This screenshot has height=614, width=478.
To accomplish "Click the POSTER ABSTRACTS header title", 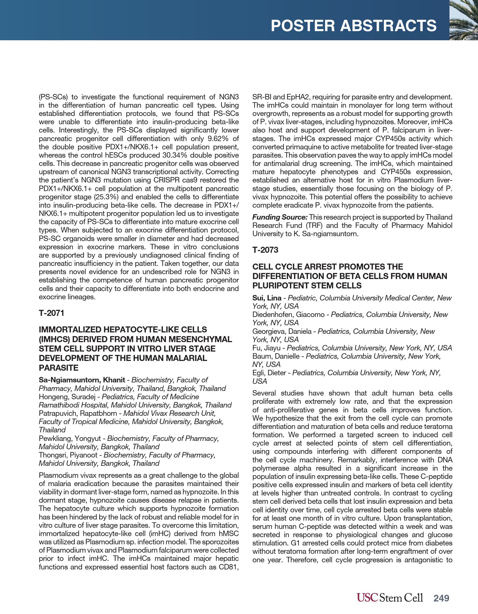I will [353, 26].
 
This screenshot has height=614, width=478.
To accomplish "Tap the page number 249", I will [441, 598].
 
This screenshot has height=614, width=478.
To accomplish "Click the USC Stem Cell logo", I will [390, 597].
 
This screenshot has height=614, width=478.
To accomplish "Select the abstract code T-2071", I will [52, 313].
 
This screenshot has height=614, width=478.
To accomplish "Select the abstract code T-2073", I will [265, 250].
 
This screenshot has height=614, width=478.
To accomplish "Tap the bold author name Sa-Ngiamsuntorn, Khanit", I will [82, 380].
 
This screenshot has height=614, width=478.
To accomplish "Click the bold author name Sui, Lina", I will [267, 298].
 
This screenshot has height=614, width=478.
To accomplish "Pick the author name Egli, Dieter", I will [269, 373].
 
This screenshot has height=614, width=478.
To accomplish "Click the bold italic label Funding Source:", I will [280, 217].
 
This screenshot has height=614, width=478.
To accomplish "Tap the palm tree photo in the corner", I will [463, 20].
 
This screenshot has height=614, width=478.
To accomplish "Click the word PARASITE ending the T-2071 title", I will [59, 368].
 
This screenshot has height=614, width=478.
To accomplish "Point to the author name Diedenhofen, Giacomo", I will [288, 314].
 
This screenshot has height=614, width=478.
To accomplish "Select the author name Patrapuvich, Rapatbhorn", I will [78, 413].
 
